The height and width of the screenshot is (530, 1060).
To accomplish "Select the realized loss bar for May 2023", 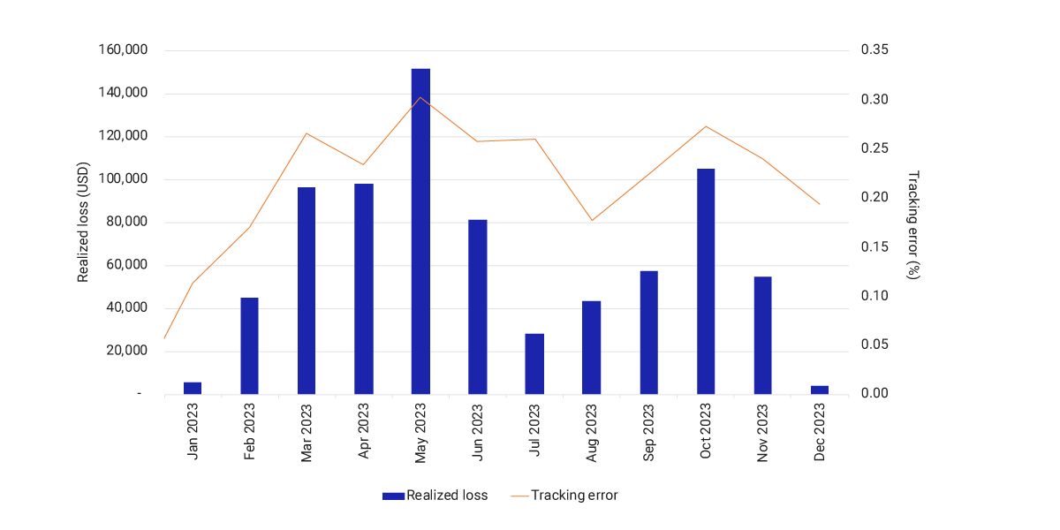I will coord(420,231).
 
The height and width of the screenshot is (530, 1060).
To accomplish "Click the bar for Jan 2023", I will coord(193,388).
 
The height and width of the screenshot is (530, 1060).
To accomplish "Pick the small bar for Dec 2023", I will coord(820,390).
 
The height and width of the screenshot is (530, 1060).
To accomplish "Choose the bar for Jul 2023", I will coord(534,363).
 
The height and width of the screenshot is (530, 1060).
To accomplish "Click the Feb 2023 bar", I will coord(250,345).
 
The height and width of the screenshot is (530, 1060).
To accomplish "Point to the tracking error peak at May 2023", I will coord(420,97).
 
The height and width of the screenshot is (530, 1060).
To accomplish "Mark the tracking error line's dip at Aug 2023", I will coord(592,220).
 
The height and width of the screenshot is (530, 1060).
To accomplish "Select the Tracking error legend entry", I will coord(565,496).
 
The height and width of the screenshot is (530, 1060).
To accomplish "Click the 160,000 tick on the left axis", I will coord(124,50).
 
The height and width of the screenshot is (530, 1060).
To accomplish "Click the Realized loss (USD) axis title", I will coord(84,222).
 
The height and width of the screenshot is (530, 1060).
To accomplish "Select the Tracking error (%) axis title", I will coord(914,224).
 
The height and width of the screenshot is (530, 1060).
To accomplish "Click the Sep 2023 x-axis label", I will coord(650,432).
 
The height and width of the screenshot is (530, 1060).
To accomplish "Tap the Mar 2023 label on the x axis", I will coord(307,432).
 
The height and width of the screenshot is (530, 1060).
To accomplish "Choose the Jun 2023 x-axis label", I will coord(478,432).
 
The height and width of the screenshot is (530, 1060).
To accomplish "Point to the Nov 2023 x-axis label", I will coord(763,432).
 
